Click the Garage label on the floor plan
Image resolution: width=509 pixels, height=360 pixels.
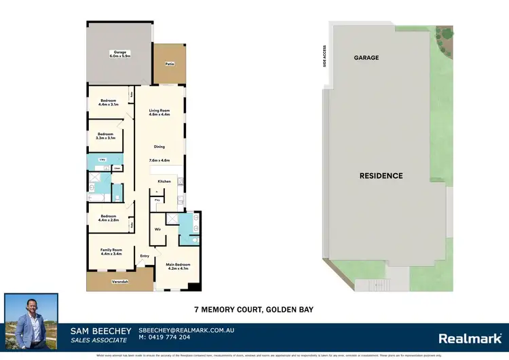coord(120,54)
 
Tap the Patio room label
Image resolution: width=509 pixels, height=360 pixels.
coord(169,64)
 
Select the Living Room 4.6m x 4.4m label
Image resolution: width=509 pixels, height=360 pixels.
coord(159,112)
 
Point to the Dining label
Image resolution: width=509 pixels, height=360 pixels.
coord(159,147)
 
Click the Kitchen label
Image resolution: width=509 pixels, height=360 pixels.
coord(164,182)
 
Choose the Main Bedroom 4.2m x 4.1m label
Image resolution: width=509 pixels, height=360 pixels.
coord(178,266)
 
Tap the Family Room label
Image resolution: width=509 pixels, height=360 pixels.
coord(111,252)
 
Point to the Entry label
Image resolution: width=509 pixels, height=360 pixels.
coord(145,256)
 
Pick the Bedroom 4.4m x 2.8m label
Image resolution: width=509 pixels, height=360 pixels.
coord(109,219)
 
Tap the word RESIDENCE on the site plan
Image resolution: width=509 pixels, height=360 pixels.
coord(381,176)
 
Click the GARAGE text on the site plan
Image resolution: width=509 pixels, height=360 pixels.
coord(366,58)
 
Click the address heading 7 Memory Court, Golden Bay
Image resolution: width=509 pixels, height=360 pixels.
coord(252,310)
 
